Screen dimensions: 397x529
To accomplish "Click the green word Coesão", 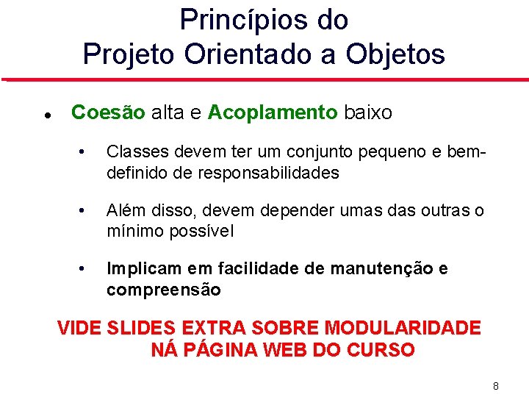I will click(x=108, y=112).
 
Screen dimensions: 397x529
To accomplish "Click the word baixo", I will click(x=368, y=112).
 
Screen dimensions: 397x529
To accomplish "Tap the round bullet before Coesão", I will click(x=46, y=115).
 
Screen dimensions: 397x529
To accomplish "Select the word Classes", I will click(x=135, y=153).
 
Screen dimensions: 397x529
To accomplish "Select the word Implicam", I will click(x=140, y=269).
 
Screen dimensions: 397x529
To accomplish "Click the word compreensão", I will click(x=163, y=290).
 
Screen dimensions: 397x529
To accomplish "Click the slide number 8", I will click(x=496, y=385).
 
